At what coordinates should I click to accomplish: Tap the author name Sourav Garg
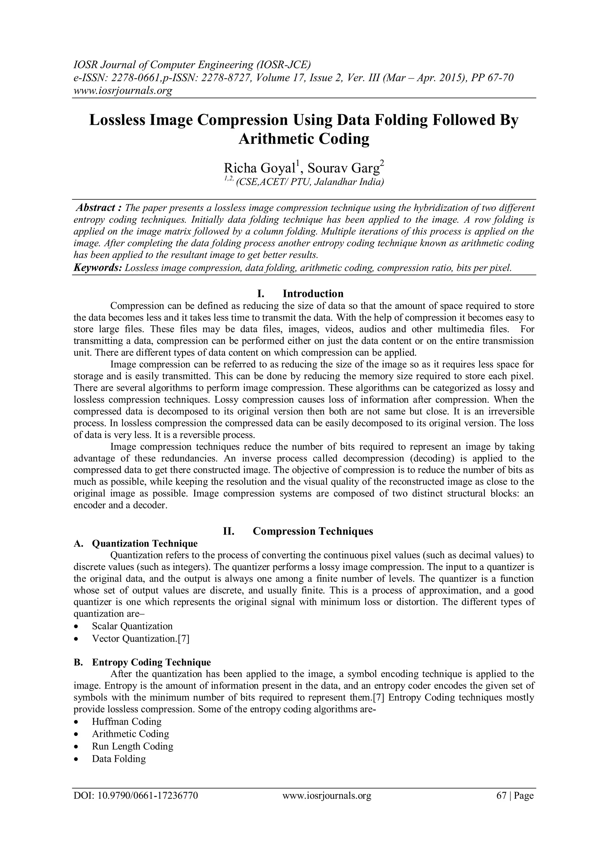[x=344, y=168]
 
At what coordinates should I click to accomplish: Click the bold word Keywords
[x=98, y=268]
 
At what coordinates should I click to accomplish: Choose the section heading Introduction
[x=313, y=294]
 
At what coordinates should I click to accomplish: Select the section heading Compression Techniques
[x=313, y=531]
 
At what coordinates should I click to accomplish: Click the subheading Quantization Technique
[x=145, y=543]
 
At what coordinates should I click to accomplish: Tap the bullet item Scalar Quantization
[x=132, y=626]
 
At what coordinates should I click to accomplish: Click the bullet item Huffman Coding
[x=126, y=722]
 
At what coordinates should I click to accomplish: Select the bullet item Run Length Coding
[x=132, y=746]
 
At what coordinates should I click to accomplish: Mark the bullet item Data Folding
[x=119, y=759]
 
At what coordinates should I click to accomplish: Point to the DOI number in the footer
[x=136, y=796]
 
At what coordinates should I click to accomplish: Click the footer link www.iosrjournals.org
[x=327, y=796]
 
